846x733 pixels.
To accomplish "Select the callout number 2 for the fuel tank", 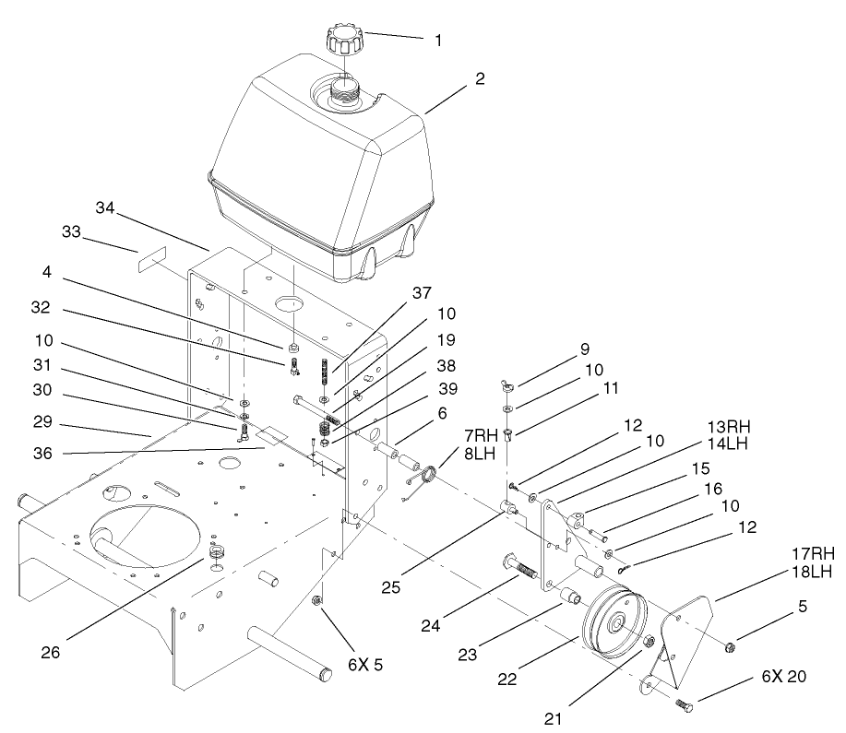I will (x=480, y=80).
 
